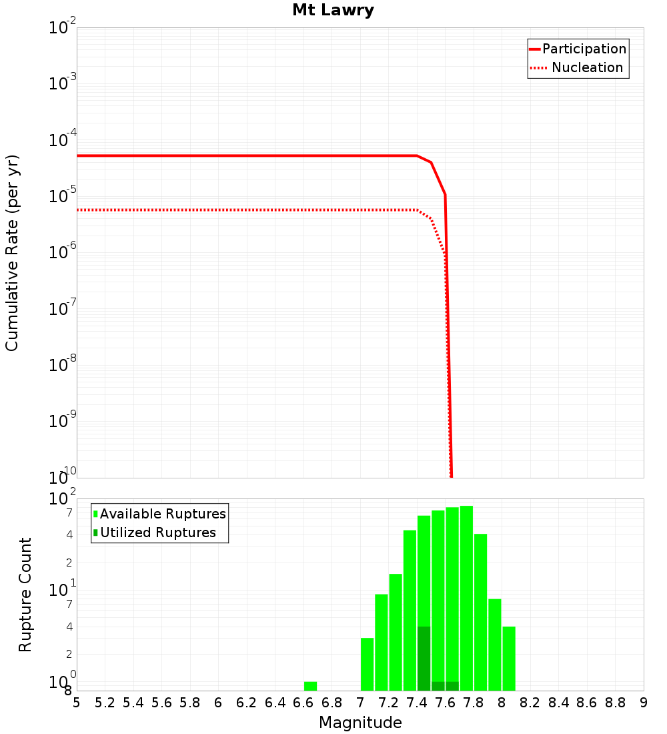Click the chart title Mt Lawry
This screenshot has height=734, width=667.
[x=333, y=11]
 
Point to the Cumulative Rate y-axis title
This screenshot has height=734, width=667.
[x=12, y=253]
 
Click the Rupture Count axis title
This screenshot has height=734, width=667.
[x=25, y=595]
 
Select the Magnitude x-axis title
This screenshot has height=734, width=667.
[x=360, y=723]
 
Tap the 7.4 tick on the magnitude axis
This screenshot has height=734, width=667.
[x=417, y=703]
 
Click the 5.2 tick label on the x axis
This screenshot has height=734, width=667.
[x=105, y=703]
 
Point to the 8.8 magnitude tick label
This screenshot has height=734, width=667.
[x=615, y=703]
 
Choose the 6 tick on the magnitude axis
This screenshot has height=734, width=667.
[x=218, y=703]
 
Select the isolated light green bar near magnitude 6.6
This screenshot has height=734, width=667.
[x=310, y=686]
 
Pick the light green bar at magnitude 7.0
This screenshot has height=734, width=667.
[x=367, y=664]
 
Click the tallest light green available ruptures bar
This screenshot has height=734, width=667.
[x=466, y=598]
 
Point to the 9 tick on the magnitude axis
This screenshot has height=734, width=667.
[x=644, y=703]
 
